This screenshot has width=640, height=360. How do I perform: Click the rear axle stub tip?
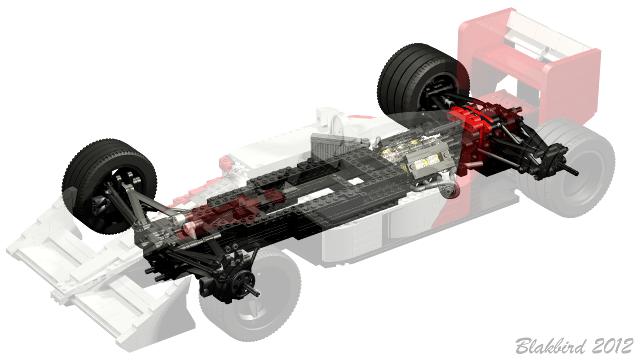pyautogui.click(x=576, y=173)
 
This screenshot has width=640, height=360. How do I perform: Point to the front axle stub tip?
pyautogui.click(x=257, y=293)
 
